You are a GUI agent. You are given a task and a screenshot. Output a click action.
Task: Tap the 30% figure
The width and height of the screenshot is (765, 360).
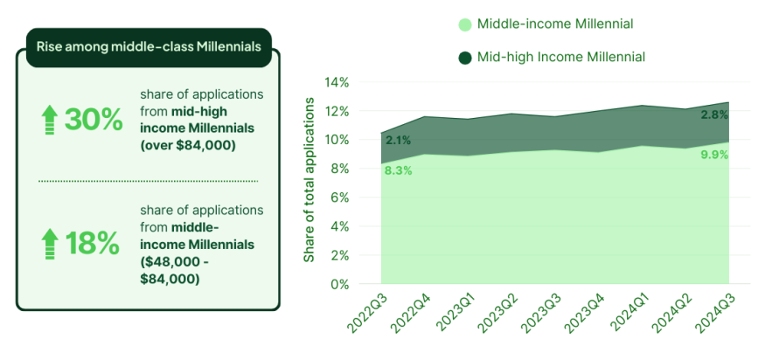94,120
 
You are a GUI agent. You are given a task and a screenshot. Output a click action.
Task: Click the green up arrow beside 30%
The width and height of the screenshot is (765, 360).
50,120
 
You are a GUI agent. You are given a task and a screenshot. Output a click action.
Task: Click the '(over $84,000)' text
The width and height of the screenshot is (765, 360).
188,145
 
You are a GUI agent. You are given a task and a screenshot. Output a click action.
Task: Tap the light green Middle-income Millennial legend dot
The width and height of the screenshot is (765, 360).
465,24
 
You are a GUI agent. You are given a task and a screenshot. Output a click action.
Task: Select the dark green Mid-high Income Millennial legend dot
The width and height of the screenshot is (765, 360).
465,58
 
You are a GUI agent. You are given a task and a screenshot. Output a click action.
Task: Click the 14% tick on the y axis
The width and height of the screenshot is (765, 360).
337,83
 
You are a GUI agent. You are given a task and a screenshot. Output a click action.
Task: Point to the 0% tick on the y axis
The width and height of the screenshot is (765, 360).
340,284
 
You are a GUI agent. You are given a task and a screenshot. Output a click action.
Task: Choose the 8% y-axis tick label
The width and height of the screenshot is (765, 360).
340,169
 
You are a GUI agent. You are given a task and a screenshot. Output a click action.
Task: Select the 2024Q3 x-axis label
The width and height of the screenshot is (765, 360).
713,312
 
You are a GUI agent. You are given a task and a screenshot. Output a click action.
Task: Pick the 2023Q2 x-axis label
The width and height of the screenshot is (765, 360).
495,312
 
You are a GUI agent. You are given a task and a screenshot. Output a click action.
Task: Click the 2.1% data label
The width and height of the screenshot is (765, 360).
398,140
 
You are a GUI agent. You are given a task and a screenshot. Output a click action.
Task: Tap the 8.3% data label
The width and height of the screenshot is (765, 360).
398,170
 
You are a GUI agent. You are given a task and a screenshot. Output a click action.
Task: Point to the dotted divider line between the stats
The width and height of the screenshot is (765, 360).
148,181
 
